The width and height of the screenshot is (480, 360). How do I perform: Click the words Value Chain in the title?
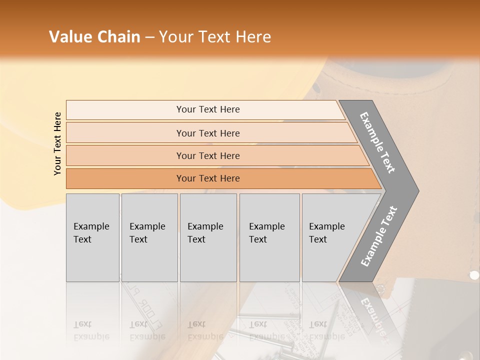point(94,37)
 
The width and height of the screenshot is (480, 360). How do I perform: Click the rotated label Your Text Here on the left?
point(57,144)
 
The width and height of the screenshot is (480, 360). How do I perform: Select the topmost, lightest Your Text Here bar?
point(208,109)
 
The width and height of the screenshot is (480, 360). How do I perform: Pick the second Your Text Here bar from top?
point(208,133)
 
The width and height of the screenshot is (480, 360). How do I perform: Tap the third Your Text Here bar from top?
point(208,155)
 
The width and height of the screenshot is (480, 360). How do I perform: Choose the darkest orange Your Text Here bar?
point(208,178)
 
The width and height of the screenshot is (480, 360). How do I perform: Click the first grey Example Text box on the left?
point(92,237)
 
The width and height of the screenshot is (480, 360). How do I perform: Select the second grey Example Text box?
point(149,237)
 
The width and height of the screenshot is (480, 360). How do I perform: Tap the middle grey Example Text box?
point(208,237)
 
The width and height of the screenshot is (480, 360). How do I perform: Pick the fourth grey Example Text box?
point(269,237)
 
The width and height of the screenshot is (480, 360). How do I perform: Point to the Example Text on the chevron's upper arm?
point(377,142)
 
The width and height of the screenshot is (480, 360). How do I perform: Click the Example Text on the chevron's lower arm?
point(379,236)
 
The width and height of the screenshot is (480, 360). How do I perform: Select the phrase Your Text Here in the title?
point(215,37)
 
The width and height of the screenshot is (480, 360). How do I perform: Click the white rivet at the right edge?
point(474,275)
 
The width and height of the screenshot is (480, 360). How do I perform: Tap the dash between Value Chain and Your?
point(149,37)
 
